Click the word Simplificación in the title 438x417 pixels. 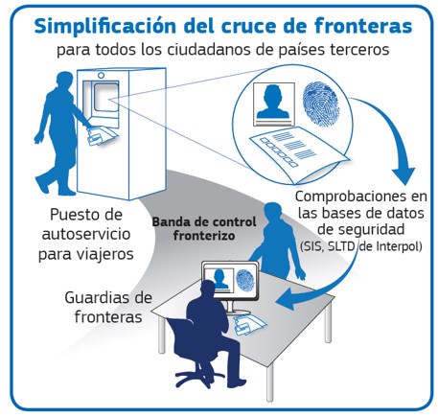pos(104,26)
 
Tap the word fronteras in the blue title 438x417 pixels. pos(363,26)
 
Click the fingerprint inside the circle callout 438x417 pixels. pos(320,104)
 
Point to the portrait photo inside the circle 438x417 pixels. pos(274,104)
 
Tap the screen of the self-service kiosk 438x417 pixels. pos(105,97)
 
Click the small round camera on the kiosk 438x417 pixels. pos(101,76)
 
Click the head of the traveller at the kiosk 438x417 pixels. pos(65,81)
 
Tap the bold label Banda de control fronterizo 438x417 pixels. pos(204,229)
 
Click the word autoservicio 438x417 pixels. pos(86,235)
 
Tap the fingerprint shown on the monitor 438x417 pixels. pos(245,280)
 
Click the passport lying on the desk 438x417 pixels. pos(250,324)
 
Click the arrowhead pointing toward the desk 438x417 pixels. pos(286,298)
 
